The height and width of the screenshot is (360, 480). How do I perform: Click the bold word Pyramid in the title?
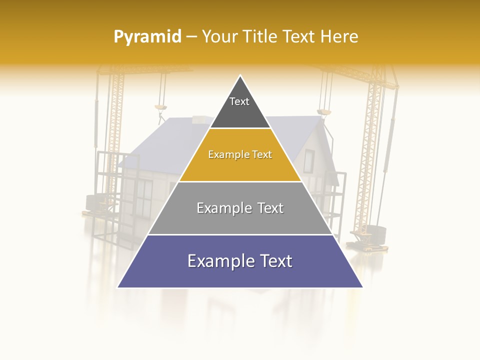[x=147, y=36]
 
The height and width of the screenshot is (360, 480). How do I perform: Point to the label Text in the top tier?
[x=239, y=101]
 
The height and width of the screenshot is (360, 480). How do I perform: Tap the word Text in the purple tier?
[x=272, y=261]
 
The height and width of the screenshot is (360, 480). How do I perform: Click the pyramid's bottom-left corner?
[x=118, y=287]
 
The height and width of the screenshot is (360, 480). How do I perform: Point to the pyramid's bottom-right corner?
[x=362, y=287]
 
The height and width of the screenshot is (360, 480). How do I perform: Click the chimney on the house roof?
[x=202, y=120]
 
